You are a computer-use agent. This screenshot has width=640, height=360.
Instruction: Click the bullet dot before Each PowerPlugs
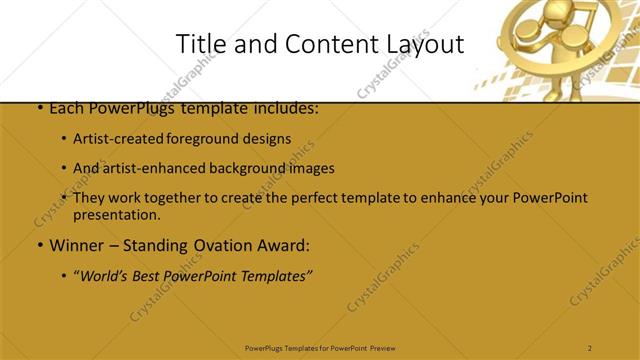[x=38, y=107]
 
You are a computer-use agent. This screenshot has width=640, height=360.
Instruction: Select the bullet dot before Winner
[x=38, y=245]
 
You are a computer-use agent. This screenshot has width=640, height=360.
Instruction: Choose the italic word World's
[x=104, y=275]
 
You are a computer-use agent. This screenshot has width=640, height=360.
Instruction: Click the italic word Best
[x=147, y=275]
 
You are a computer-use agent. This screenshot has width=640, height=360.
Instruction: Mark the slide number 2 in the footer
[x=590, y=347]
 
